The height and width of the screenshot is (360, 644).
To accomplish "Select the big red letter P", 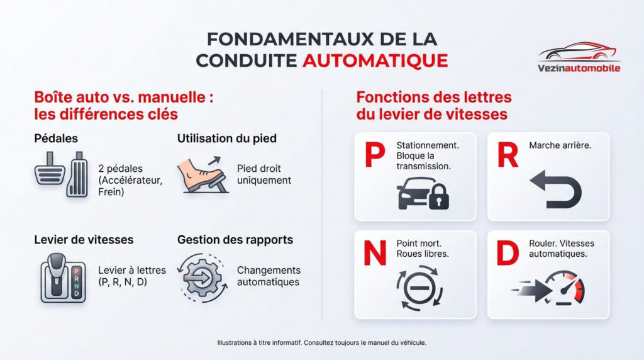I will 374,155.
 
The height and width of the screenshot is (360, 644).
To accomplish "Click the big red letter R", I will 508,155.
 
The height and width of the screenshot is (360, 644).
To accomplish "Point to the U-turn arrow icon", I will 552,189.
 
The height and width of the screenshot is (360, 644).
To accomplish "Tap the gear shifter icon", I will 63,278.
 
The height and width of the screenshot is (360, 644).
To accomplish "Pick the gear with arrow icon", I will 201,276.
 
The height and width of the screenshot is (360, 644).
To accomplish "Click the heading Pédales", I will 56,138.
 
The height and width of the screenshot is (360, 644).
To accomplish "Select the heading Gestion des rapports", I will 235,240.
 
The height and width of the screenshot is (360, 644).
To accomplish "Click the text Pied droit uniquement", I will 264,174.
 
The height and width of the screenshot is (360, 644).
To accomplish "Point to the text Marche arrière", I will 560,145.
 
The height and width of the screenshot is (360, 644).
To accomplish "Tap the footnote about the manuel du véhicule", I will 321,343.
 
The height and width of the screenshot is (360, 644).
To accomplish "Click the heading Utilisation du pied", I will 226,138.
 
